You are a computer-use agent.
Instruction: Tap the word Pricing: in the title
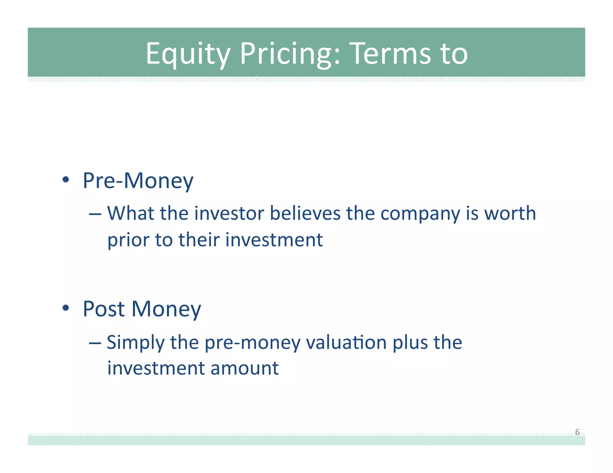pos(290,54)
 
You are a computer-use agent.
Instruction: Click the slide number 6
pos(577,432)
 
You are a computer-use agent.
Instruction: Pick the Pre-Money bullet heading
pos(138,181)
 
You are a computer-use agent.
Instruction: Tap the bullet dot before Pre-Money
pos(66,180)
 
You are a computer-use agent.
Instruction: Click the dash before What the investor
pos(95,214)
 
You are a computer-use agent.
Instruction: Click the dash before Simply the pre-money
pos(95,343)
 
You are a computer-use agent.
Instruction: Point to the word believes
pos(305,213)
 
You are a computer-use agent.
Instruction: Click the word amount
pos(245,368)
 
